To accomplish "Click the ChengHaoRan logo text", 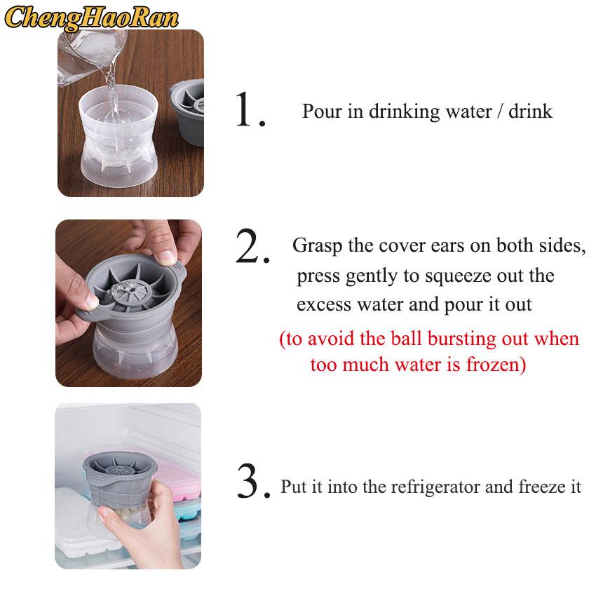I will click(x=92, y=18).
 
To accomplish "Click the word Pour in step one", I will click(x=320, y=111).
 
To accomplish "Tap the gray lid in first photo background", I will click(x=188, y=112).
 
